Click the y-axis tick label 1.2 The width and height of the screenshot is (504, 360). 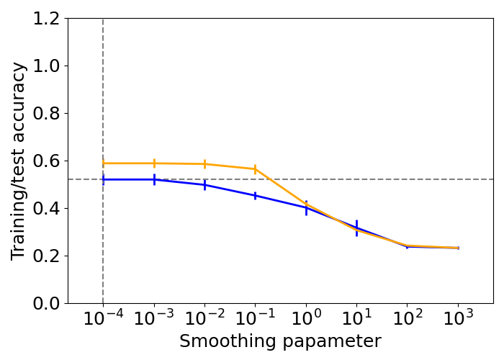click(45, 19)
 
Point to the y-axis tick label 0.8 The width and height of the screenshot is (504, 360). click(45, 114)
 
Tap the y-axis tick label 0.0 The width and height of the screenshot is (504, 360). click(45, 304)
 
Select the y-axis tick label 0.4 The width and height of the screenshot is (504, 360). click(45, 209)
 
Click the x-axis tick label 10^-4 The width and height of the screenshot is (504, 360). click(103, 319)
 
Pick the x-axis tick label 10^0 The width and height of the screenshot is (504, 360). click(306, 319)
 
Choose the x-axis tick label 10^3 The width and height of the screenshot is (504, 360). click(458, 319)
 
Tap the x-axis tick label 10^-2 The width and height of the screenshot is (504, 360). click(204, 319)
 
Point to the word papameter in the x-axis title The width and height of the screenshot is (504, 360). click(333, 341)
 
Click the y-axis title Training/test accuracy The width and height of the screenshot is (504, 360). click(19, 161)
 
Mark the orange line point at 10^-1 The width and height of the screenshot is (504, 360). click(255, 169)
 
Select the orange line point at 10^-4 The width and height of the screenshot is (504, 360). click(103, 163)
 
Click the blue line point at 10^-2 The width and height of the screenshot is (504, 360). click(204, 185)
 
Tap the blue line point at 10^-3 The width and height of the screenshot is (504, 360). click(154, 179)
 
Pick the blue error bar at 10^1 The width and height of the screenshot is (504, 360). click(356, 228)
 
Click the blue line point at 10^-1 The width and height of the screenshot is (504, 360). click(255, 196)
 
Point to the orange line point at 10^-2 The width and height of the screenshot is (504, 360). click(204, 164)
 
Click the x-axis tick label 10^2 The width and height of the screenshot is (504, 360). click(408, 319)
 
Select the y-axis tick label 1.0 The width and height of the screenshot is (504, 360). click(45, 66)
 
